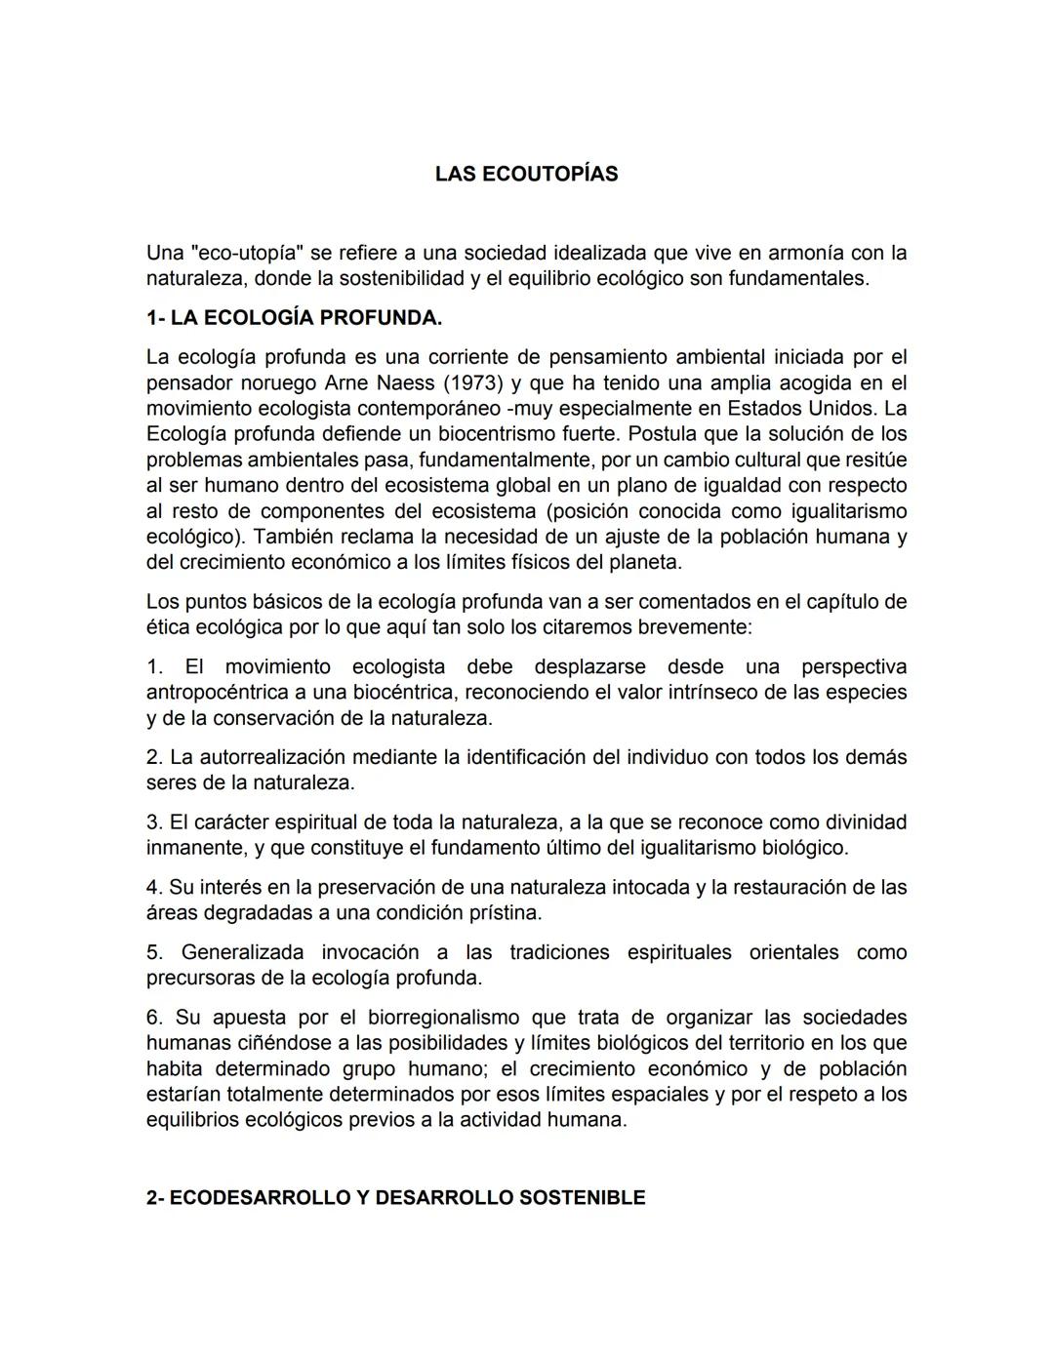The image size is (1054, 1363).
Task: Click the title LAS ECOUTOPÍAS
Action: coord(526,174)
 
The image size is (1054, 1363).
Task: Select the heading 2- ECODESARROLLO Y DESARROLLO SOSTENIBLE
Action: coord(395,1197)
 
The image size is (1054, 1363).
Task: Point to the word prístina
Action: coord(504,913)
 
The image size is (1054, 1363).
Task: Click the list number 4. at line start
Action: coord(154,888)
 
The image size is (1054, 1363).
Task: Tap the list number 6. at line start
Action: coord(154,1018)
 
